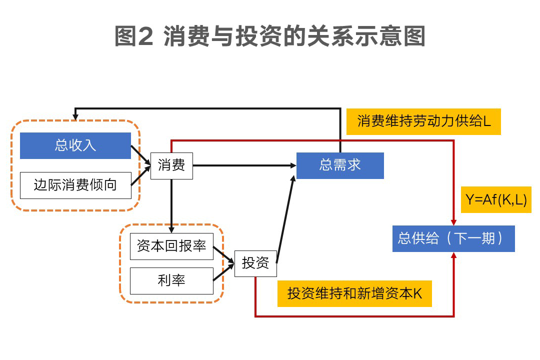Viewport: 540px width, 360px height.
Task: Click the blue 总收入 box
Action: click(x=75, y=145)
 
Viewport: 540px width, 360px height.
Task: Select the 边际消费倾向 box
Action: click(x=75, y=185)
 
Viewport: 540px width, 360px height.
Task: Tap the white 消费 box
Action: click(x=171, y=165)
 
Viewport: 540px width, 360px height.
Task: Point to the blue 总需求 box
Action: click(x=340, y=165)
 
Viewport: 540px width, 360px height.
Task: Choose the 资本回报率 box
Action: click(x=171, y=246)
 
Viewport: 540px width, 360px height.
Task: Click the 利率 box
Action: click(x=171, y=280)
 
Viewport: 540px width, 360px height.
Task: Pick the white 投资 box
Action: click(x=255, y=263)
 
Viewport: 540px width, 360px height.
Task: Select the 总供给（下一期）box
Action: click(x=453, y=238)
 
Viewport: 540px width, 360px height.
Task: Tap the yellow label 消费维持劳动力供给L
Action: click(x=423, y=121)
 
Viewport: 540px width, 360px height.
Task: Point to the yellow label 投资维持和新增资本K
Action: click(x=354, y=293)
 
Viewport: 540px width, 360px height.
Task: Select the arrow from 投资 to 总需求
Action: click(x=285, y=220)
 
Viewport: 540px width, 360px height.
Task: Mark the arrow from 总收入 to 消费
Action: click(x=140, y=155)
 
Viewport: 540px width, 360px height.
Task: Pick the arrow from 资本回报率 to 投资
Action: click(x=223, y=254)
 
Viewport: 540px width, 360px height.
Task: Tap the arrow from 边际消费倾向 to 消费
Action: click(x=140, y=176)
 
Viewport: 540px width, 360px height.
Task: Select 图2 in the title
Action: click(x=133, y=36)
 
